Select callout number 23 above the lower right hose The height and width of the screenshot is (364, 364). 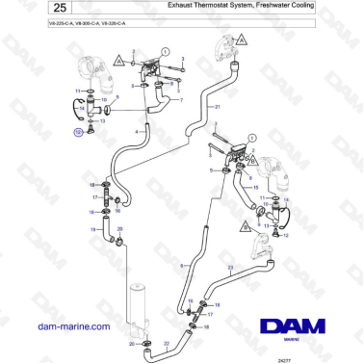[x=256, y=267]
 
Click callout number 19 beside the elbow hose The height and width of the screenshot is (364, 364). [x=93, y=230]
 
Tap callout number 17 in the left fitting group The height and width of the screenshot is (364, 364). [x=95, y=196]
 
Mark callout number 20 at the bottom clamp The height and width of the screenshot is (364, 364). [x=132, y=344]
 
